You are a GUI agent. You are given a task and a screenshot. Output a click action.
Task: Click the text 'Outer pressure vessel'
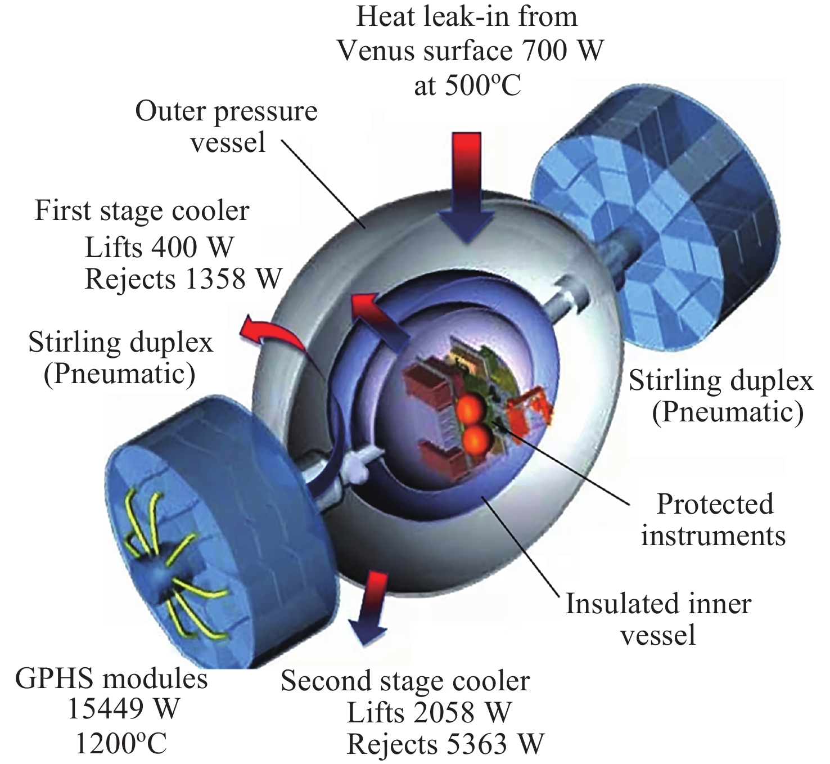pos(227,127)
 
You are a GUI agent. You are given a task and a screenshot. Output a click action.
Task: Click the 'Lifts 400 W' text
pos(159,246)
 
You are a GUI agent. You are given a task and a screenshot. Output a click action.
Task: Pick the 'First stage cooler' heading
pos(142,212)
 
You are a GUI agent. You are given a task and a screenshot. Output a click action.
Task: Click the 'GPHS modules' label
pos(111,679)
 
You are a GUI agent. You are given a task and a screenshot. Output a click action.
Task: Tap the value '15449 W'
pos(123,710)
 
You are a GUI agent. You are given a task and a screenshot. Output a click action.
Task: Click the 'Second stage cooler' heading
pos(405,681)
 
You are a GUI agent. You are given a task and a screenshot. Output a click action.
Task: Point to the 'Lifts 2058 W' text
pos(429,713)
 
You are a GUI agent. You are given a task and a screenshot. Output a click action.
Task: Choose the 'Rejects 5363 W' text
pos(445,744)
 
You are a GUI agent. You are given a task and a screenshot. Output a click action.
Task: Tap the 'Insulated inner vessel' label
pos(658,619)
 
